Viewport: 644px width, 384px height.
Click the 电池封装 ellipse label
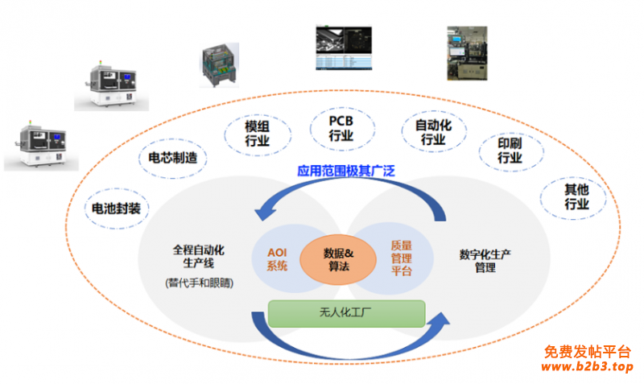coord(116,209)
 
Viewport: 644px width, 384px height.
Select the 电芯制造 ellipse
coord(167,158)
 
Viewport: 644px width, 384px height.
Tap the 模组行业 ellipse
coord(258,133)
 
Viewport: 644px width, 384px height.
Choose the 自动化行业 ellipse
coord(433,132)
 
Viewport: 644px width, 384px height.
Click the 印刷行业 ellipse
coord(510,151)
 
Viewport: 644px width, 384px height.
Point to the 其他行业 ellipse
coord(576,197)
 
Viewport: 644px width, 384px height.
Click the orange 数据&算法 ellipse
coord(338,260)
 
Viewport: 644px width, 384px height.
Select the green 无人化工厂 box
coord(346,313)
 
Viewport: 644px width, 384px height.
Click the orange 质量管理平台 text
coord(401,258)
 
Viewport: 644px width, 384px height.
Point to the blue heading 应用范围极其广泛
coord(346,171)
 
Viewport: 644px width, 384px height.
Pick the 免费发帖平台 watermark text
coord(588,352)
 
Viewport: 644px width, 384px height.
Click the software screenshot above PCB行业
coord(342,47)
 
